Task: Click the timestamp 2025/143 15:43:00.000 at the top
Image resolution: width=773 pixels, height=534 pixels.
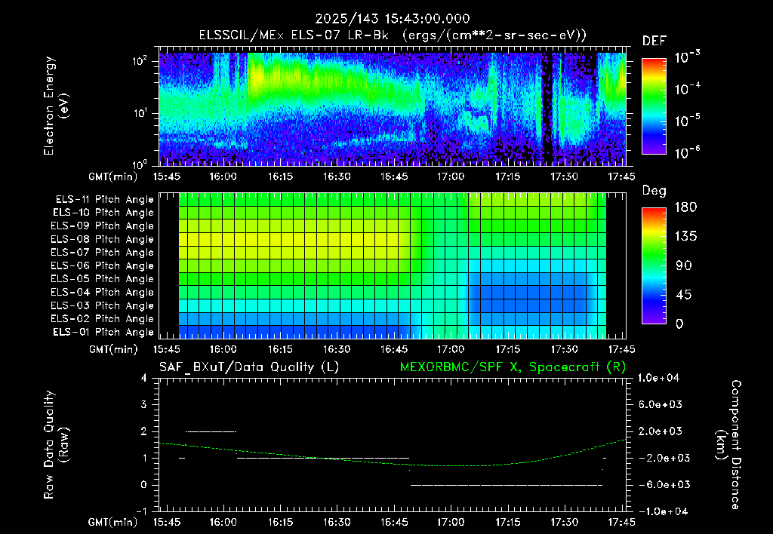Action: coord(393,19)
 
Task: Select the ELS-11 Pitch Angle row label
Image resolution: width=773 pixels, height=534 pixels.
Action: coord(104,200)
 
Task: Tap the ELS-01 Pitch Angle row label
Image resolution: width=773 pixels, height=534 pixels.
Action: coord(103,332)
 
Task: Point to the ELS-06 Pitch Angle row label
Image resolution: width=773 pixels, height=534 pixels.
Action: coord(102,265)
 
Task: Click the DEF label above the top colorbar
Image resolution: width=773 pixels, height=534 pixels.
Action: coord(654,41)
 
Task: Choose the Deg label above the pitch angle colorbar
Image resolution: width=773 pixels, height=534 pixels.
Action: coord(654,191)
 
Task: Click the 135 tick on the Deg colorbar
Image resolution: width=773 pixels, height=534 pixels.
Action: coord(685,237)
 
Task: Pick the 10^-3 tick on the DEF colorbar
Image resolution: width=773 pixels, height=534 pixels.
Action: coord(687,57)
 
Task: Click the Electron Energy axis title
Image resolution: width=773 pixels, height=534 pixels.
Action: coord(55,106)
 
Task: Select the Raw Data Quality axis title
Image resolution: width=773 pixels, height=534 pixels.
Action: coord(55,445)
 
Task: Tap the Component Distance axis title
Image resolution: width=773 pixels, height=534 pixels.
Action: coord(728,445)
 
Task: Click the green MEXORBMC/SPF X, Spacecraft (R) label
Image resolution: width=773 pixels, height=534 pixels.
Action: coord(513,367)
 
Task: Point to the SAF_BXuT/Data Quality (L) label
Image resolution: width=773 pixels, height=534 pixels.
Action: coord(249,367)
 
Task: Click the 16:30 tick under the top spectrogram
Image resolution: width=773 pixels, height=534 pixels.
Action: coord(337,176)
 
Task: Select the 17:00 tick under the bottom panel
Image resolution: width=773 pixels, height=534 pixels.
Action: coord(451,522)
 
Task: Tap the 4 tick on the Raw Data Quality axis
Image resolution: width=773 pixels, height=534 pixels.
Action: coord(143,378)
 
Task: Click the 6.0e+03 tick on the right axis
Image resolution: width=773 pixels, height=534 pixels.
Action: coord(660,405)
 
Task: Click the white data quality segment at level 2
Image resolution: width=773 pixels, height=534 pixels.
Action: coord(211,431)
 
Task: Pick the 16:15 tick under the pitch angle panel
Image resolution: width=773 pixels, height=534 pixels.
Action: coord(280,349)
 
